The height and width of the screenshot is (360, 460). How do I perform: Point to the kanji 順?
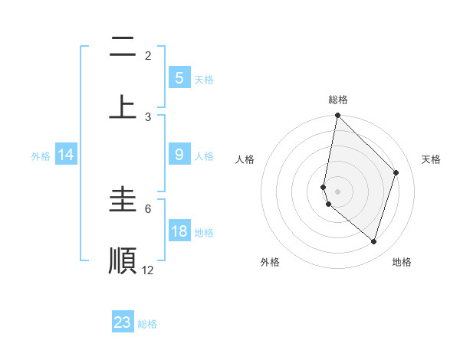pos(123,260)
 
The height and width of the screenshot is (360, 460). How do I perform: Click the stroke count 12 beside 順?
pos(147,270)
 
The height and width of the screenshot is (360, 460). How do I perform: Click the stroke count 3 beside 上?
pos(148,116)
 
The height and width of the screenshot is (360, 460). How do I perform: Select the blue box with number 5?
pos(179,77)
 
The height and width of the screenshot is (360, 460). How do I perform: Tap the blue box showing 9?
pos(179,155)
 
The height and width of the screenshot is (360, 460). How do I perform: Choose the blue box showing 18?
pos(179,231)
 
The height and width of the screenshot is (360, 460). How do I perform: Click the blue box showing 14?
pos(66,155)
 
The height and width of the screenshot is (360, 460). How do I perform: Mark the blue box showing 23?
pos(123,322)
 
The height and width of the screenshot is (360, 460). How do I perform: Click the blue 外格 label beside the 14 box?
pos(41,156)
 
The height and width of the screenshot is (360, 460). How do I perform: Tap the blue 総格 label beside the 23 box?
pos(148,324)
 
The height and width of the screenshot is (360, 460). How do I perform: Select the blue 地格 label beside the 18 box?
pos(204,233)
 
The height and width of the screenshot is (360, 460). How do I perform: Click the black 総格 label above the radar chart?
pos(337,100)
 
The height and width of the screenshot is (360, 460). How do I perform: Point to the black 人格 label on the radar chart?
pos(245,159)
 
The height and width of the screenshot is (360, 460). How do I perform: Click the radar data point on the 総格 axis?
pos(337,116)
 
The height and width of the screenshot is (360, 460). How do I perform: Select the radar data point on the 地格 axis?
pos(373,241)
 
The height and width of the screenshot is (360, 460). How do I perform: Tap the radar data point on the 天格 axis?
pos(396,172)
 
